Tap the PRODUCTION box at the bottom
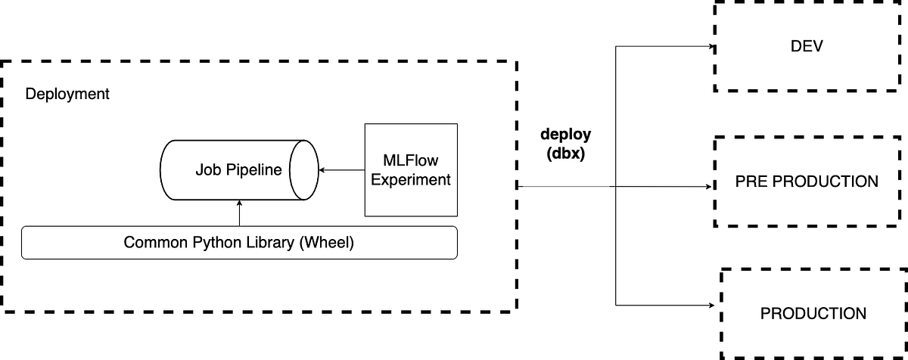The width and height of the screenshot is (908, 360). click(x=813, y=313)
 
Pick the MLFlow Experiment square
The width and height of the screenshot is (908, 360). click(x=411, y=170)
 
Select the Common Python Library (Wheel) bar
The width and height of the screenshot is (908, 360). click(x=239, y=243)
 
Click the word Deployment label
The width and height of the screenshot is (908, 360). click(x=67, y=95)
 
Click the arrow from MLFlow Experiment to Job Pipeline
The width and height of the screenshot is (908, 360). click(x=341, y=170)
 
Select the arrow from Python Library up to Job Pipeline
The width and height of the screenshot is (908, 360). click(x=239, y=213)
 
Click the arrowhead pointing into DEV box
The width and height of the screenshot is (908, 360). click(x=711, y=47)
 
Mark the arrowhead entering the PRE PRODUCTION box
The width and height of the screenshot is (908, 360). click(x=711, y=185)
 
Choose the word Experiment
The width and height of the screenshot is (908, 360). click(x=411, y=180)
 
